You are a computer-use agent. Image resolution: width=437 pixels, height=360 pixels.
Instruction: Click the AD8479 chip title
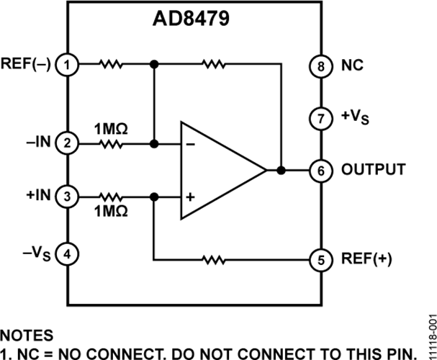(x=192, y=17)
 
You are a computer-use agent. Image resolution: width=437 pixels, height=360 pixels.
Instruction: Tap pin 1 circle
(x=68, y=65)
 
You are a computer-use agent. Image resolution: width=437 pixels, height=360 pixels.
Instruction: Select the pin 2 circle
(x=68, y=143)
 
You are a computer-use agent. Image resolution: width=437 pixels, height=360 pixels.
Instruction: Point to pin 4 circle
(x=68, y=253)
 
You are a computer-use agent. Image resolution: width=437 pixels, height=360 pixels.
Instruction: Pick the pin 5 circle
(x=318, y=258)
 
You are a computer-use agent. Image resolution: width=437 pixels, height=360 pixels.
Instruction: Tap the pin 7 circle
(x=318, y=116)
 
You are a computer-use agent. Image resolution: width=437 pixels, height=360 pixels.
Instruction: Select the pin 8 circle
(x=318, y=65)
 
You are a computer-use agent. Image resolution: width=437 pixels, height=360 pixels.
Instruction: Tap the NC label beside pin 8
(x=348, y=65)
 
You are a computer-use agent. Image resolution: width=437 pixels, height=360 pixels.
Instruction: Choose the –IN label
(x=38, y=143)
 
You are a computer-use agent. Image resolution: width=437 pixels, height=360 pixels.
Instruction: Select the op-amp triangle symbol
(x=220, y=171)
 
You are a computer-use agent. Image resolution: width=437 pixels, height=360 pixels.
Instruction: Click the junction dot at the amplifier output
(x=281, y=171)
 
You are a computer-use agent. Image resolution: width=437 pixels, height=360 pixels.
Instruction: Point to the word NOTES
(x=27, y=336)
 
